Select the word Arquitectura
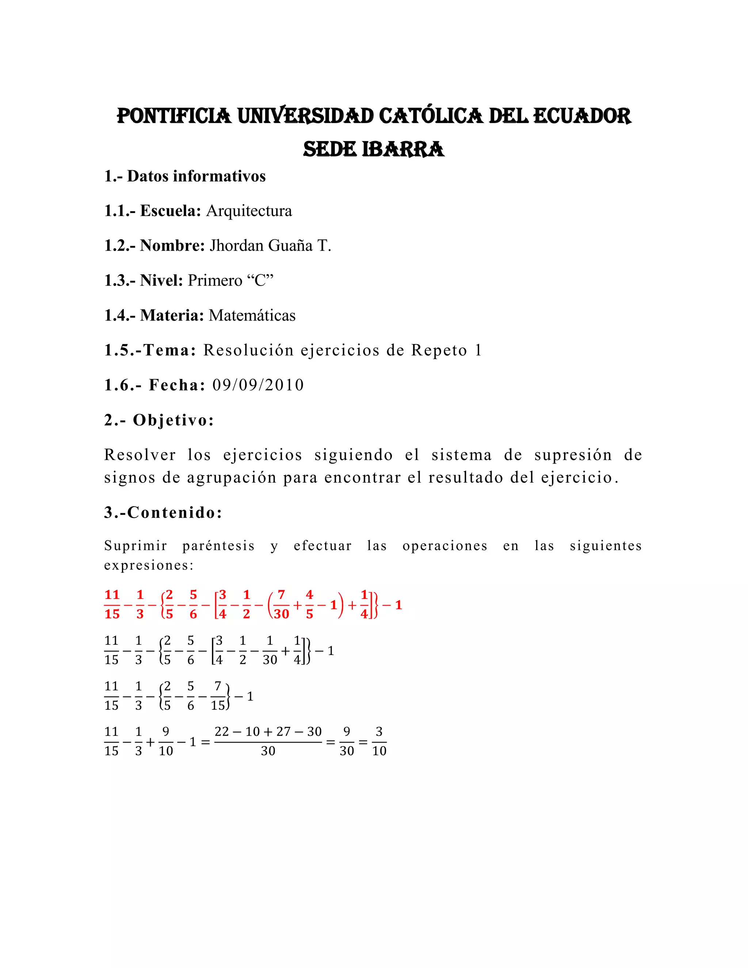tap(249, 211)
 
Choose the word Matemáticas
tap(252, 316)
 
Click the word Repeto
tap(439, 350)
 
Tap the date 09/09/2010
tap(258, 385)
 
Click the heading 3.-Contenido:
tap(163, 513)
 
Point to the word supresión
tap(573, 455)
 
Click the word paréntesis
tap(218, 546)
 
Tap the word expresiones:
tap(149, 566)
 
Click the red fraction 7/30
tap(281, 605)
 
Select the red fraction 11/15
tap(112, 605)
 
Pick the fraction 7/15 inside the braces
tap(218, 696)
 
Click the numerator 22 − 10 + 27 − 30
tap(268, 732)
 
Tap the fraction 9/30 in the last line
tap(347, 742)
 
